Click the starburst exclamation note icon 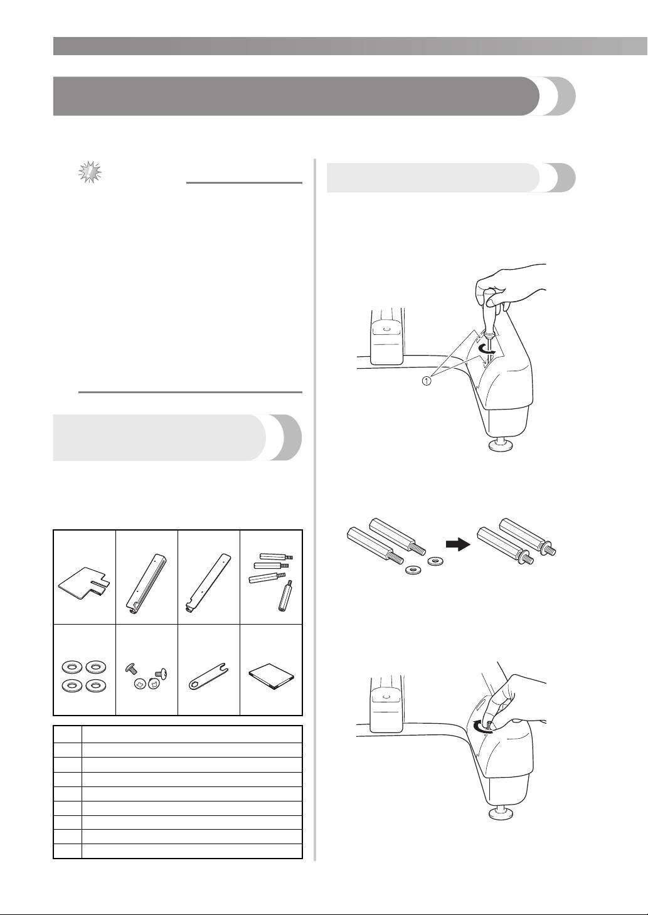point(90,173)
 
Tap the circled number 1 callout point(426,381)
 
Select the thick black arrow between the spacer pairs point(458,544)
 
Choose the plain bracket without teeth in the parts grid point(209,583)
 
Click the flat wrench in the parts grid point(209,677)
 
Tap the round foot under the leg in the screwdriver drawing point(502,444)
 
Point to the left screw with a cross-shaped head point(139,683)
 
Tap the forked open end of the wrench point(223,669)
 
